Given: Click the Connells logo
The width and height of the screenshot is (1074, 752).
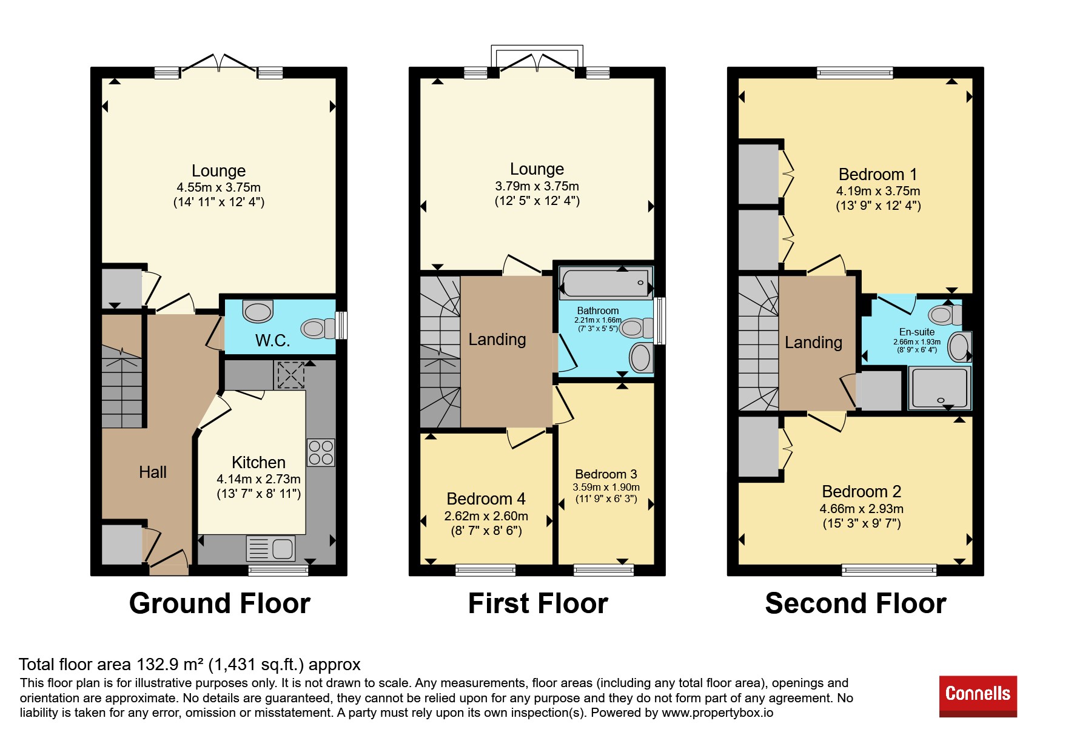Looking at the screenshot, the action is point(978,696).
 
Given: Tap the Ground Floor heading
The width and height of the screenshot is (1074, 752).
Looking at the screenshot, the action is point(220,603).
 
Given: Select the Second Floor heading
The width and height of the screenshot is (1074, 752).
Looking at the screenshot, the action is point(856,603).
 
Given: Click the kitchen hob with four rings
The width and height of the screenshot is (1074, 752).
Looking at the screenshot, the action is point(321,452).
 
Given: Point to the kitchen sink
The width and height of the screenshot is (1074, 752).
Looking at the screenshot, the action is point(270,548).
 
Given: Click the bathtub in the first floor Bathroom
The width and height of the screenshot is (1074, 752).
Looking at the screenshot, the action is point(606,283).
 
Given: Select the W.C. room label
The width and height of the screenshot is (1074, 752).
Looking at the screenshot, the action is point(272,340).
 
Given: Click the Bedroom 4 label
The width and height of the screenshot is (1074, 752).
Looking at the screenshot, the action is point(486,499).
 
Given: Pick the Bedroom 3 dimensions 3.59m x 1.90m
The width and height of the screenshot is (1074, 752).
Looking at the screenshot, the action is point(606,487).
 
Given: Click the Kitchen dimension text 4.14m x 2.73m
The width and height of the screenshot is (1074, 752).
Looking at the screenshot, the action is point(258,479).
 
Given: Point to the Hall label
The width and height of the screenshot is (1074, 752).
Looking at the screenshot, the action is point(153,472).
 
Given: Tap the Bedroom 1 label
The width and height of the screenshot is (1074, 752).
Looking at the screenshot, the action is point(878,175).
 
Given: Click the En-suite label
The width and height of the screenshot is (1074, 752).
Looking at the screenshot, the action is point(917,332).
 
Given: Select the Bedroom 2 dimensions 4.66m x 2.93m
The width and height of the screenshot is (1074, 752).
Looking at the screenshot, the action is point(861,509).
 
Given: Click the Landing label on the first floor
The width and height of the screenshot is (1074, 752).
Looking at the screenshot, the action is point(497,340).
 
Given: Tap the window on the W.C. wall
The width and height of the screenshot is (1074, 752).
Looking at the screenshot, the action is point(342,325).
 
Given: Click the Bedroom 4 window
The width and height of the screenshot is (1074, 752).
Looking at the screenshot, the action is point(485,570).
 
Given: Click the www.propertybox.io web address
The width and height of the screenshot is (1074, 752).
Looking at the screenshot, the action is point(717,713).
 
